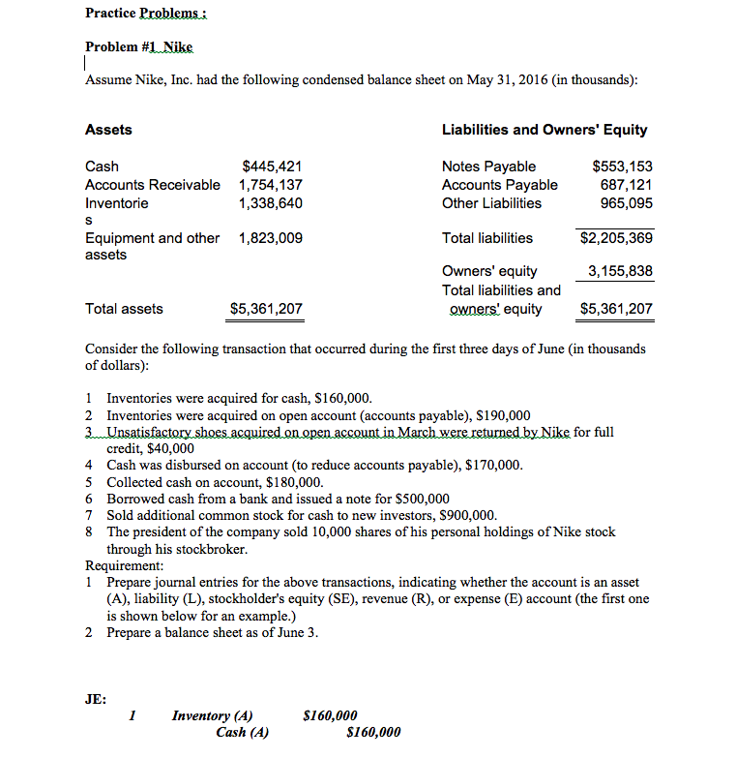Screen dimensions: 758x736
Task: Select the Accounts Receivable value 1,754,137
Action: (271, 185)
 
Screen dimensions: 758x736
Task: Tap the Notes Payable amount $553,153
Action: (622, 167)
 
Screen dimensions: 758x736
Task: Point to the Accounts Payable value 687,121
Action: (627, 185)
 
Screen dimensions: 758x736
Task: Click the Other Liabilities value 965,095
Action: (627, 203)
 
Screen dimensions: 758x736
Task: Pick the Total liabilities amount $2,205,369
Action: (616, 238)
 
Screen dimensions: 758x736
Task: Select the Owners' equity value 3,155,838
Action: (620, 271)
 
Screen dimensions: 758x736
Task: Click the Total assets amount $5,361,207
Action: (266, 309)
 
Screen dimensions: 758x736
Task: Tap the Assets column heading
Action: (108, 130)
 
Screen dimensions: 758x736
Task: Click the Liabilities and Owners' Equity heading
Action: (545, 130)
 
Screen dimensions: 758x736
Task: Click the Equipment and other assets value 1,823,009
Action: (271, 238)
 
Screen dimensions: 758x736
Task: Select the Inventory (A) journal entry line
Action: (212, 716)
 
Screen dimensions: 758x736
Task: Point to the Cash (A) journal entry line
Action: (243, 733)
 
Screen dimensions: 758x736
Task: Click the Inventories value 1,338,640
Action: (271, 203)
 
